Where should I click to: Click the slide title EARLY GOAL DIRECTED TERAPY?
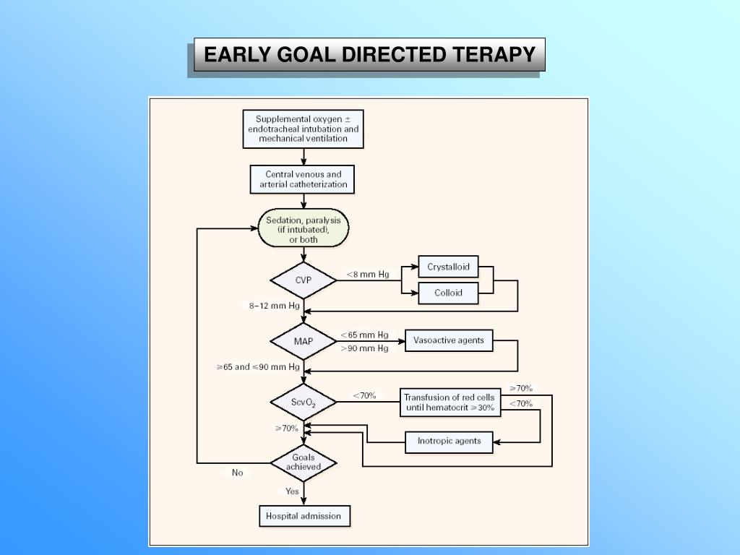pyautogui.click(x=369, y=55)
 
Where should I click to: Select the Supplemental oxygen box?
pyautogui.click(x=304, y=129)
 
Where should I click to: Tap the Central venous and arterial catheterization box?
pyautogui.click(x=304, y=179)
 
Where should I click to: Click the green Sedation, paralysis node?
pyautogui.click(x=304, y=229)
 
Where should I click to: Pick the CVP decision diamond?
pyautogui.click(x=304, y=280)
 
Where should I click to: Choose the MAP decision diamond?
pyautogui.click(x=304, y=340)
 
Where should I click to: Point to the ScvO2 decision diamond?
pyautogui.click(x=304, y=403)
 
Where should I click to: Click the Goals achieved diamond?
pyautogui.click(x=304, y=462)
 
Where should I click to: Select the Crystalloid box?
pyautogui.click(x=448, y=267)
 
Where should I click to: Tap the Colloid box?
pyautogui.click(x=448, y=293)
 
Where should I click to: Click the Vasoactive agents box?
pyautogui.click(x=449, y=340)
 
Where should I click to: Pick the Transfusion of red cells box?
pyautogui.click(x=449, y=403)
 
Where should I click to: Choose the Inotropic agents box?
pyautogui.click(x=449, y=441)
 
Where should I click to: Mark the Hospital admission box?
pyautogui.click(x=304, y=516)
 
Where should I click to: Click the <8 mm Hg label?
pyautogui.click(x=367, y=275)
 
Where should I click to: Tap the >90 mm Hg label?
pyautogui.click(x=364, y=348)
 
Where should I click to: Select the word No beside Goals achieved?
pyautogui.click(x=238, y=473)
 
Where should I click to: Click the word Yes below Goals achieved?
pyautogui.click(x=292, y=491)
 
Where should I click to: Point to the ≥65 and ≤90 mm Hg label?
pyautogui.click(x=258, y=367)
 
